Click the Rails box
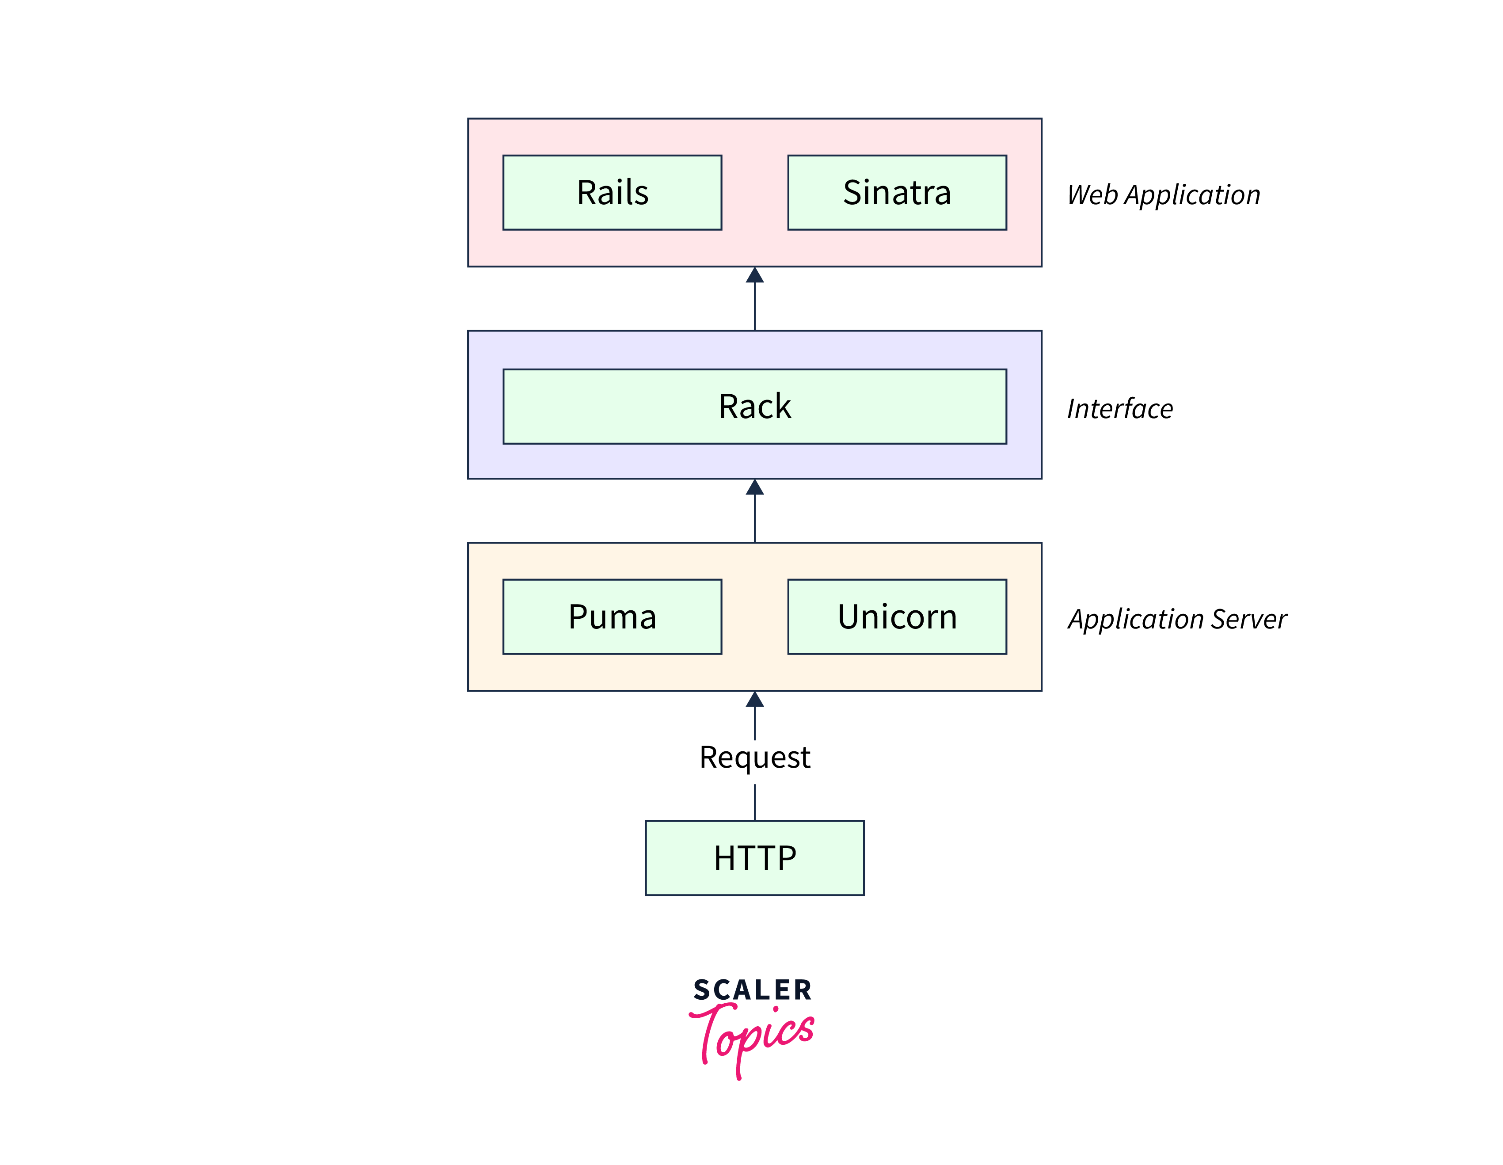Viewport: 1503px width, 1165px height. point(612,193)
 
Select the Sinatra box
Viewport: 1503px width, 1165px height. point(897,193)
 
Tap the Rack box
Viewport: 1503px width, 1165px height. point(754,406)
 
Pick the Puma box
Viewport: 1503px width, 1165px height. point(612,617)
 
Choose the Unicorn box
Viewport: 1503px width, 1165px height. point(897,617)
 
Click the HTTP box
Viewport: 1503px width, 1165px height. point(754,858)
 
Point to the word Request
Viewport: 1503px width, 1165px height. point(754,758)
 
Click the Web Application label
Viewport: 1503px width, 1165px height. point(1163,195)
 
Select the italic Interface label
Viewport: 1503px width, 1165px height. point(1120,409)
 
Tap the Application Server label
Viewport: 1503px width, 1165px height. point(1177,619)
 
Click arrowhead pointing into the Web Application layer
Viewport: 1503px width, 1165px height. point(755,276)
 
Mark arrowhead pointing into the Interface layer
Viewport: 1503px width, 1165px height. point(755,488)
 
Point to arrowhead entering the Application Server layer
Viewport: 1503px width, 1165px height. point(755,700)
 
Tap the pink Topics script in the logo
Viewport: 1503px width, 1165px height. point(753,1035)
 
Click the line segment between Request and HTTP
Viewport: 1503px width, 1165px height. point(755,802)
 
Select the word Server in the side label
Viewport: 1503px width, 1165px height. point(1248,619)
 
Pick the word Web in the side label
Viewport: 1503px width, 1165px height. point(1092,195)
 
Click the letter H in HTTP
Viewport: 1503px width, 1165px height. point(724,858)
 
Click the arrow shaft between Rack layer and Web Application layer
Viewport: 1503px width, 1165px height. point(755,307)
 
